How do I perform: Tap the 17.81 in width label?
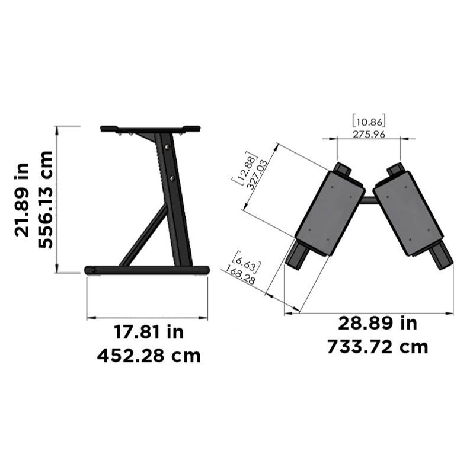148,332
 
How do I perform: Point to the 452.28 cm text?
148,356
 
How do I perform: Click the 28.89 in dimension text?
378,323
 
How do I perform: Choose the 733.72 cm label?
378,347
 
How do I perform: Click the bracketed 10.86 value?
369,121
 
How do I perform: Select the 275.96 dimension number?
369,134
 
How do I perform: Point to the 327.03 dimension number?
254,172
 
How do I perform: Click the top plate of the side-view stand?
150,128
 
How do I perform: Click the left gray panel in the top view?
329,212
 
